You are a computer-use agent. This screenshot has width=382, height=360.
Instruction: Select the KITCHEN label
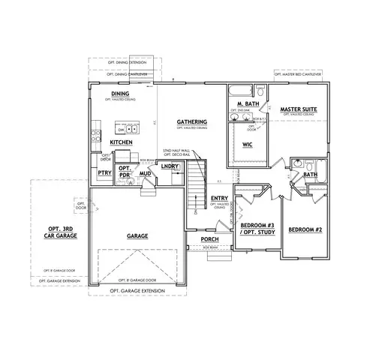[122, 141]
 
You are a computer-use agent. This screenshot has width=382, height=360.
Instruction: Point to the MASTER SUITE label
[298, 109]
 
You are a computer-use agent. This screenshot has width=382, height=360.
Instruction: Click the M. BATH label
[248, 103]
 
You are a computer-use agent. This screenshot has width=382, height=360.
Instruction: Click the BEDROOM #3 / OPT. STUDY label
[256, 229]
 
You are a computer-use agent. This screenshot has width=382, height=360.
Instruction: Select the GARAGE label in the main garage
[137, 236]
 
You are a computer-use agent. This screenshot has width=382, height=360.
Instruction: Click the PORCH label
[209, 239]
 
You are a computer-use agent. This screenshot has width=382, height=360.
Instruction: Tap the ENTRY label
[219, 198]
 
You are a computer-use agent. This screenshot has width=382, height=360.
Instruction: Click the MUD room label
[146, 174]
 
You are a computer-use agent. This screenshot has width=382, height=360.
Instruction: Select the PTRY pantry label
[104, 174]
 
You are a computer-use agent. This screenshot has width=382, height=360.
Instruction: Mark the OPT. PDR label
[125, 171]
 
